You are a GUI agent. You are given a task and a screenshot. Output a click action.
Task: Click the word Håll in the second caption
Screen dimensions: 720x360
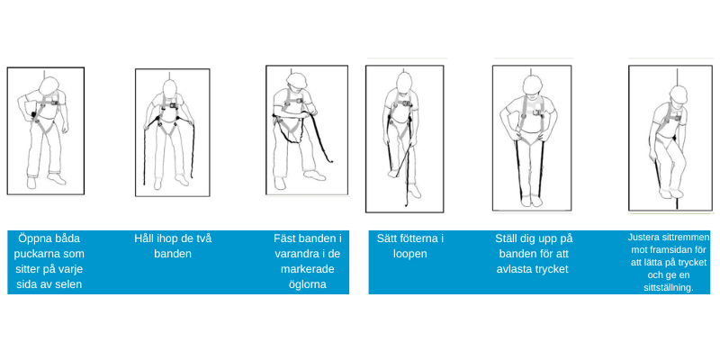coord(143,238)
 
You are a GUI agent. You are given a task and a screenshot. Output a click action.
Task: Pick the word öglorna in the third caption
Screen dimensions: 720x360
coord(308,284)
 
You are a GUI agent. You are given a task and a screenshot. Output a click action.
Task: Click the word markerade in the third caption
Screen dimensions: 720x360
coord(308,269)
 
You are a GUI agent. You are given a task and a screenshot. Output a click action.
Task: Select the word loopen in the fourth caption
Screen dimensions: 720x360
coord(410,255)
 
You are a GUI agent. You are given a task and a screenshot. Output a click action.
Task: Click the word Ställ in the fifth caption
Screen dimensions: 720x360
coord(508,238)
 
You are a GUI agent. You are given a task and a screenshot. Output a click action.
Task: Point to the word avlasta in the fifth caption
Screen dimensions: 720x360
coord(514,269)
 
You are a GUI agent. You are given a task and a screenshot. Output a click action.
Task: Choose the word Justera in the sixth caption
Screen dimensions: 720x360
coord(643,238)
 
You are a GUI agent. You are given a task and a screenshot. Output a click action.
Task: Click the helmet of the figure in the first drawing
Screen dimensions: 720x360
coord(49,85)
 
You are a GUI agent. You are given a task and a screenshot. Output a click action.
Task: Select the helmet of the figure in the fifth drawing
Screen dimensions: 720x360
coord(532,85)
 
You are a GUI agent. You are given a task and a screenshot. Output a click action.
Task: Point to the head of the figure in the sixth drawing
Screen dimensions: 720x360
coord(679,94)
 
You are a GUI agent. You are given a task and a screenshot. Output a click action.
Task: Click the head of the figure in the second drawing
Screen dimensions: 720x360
coord(170,88)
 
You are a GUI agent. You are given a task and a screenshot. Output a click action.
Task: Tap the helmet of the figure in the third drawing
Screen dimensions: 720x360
coord(297,80)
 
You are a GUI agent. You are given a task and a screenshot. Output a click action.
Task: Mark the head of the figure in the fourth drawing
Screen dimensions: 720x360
coord(404,82)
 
